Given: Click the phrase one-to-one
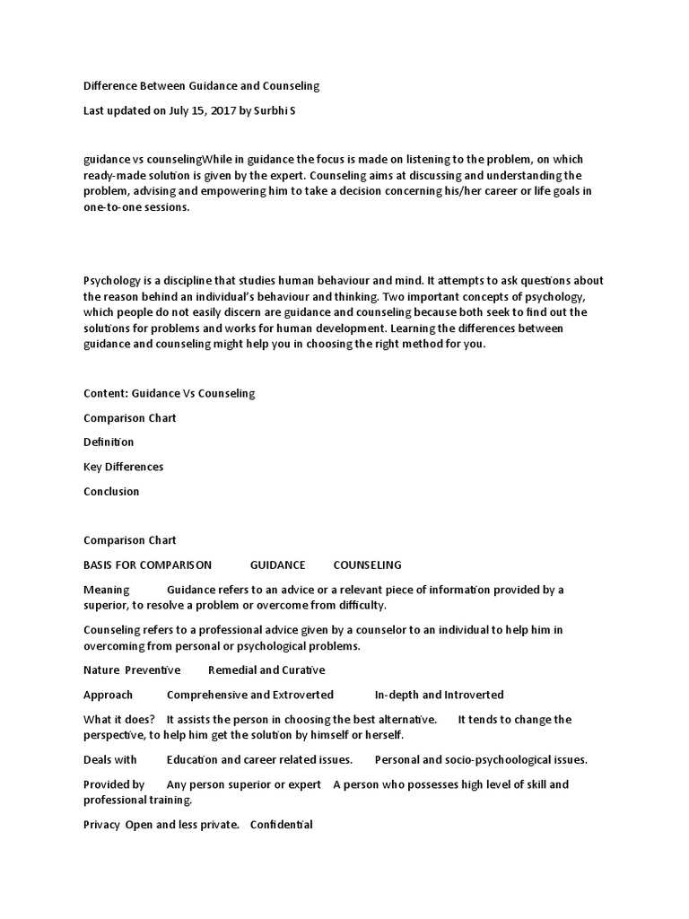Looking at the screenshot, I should coord(114,207).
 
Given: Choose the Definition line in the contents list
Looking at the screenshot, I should coord(109,442).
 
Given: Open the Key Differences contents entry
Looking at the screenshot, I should coord(124,467).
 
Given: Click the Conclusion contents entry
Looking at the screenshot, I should coord(111,491).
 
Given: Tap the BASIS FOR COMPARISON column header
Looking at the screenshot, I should coord(147,565).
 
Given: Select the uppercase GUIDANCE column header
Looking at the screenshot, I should coord(277,565).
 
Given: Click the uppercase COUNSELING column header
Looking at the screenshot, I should coord(367,565).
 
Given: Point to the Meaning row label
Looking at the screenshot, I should coord(107,590).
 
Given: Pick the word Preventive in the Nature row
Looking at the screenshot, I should coord(153,670).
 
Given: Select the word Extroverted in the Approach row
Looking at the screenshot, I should coord(303,695).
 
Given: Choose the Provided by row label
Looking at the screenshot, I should coord(114,784).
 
